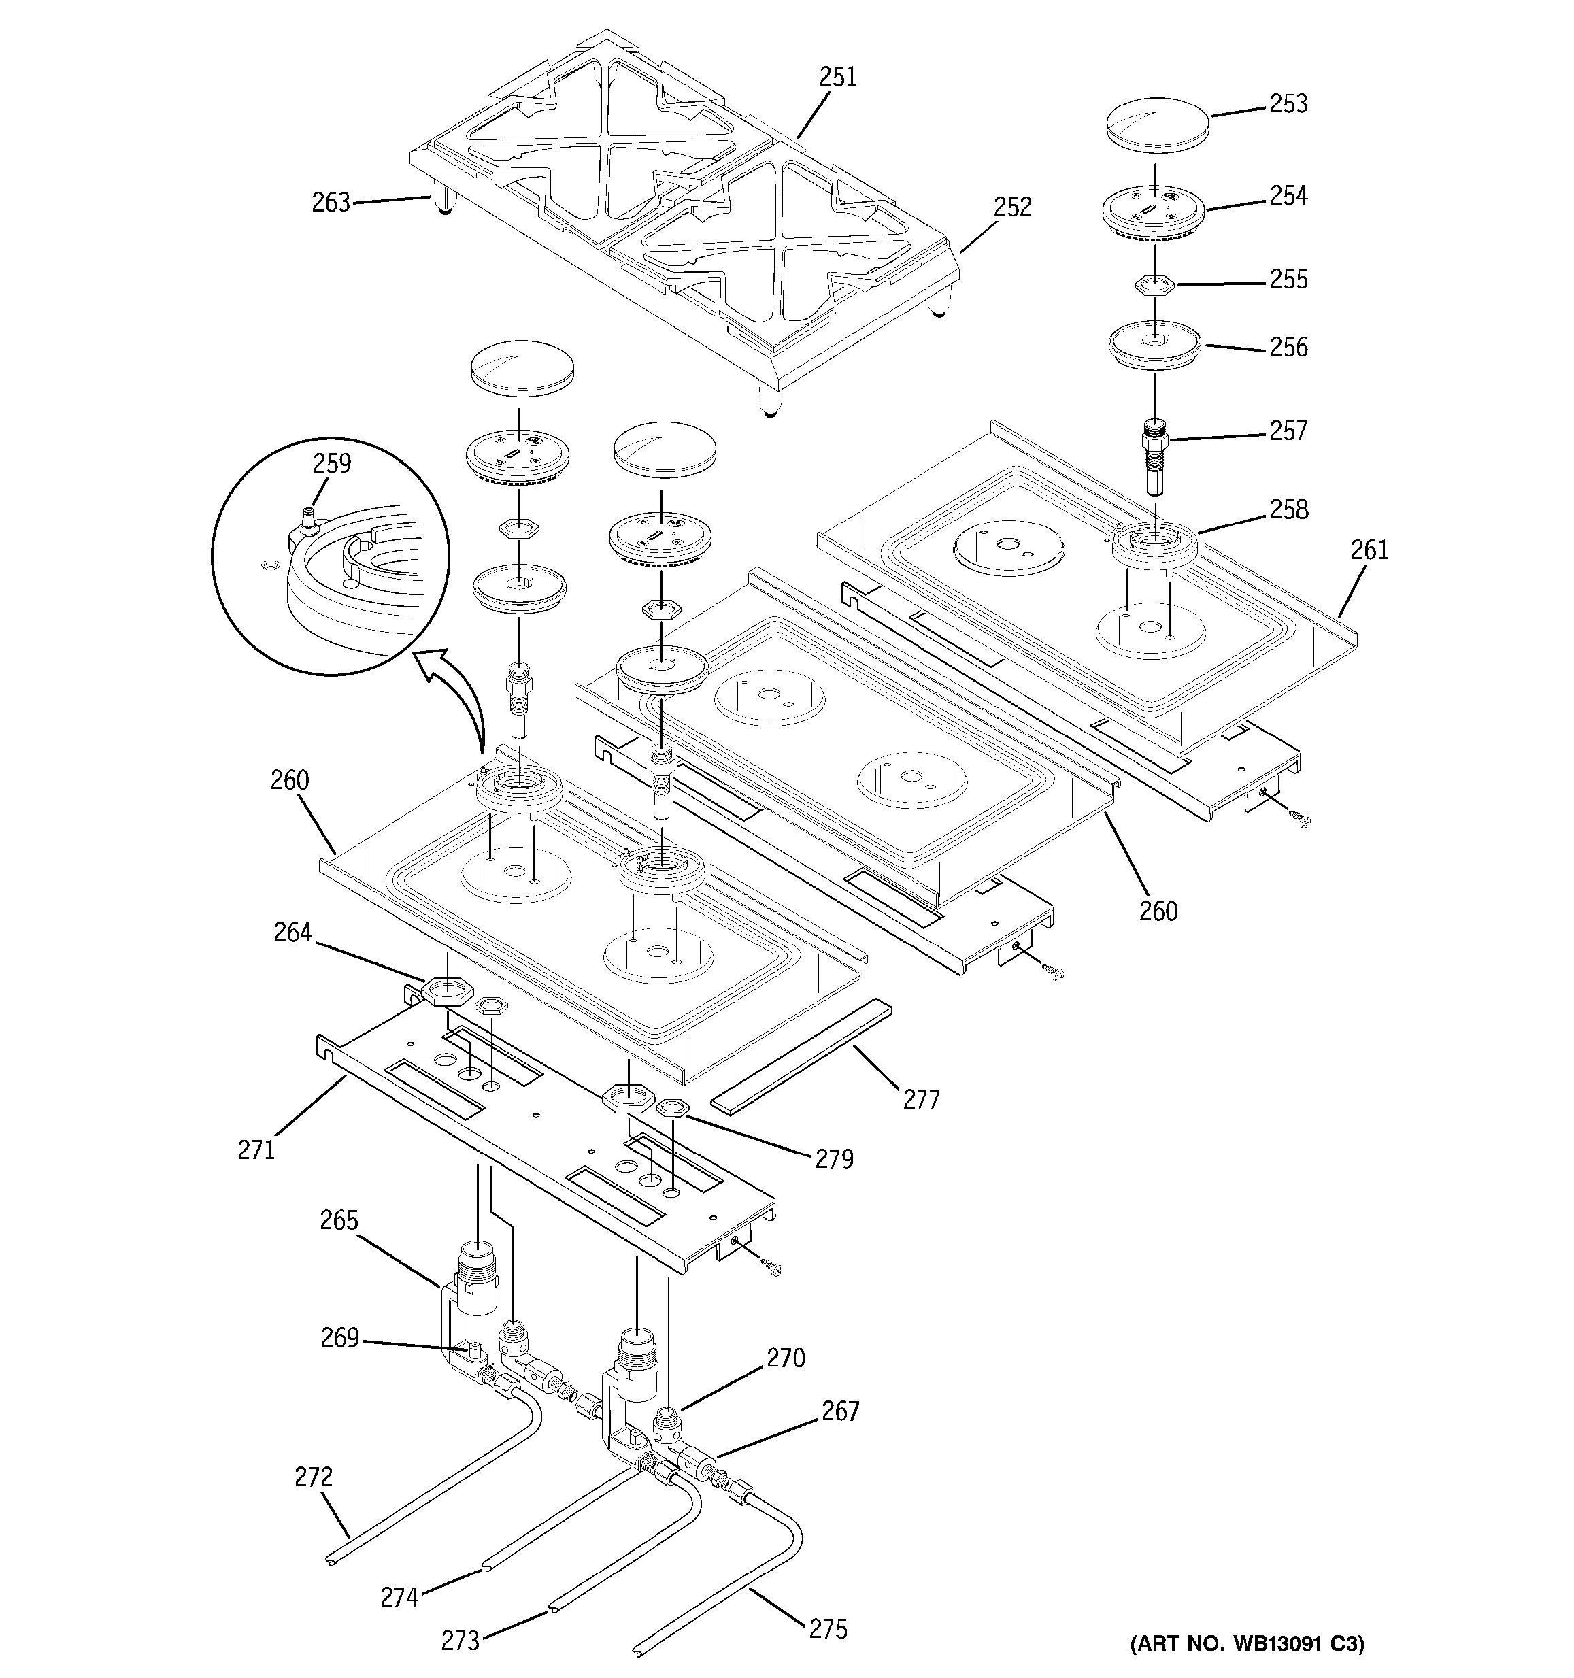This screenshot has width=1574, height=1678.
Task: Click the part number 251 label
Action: [837, 77]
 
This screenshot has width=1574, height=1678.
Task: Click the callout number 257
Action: [1288, 431]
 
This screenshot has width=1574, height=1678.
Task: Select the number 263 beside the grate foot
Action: [331, 203]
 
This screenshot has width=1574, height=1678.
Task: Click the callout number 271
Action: [256, 1150]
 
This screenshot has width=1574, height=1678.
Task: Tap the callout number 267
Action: [841, 1411]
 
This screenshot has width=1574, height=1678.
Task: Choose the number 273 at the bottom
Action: [460, 1641]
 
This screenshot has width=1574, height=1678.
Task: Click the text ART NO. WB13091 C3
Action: [1247, 1643]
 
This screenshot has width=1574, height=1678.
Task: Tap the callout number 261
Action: [1369, 550]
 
